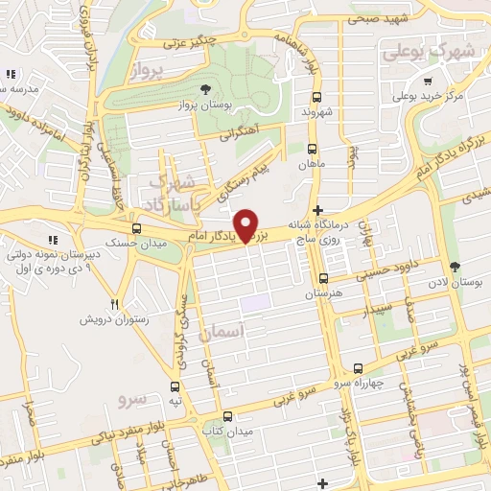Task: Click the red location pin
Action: click(246, 224)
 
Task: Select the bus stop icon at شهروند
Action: click(316, 96)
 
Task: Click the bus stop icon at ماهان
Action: click(311, 149)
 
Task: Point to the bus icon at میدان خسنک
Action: click(137, 228)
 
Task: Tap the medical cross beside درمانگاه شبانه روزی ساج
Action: click(318, 210)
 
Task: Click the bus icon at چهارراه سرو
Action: click(359, 368)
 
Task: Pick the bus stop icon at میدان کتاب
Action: click(227, 417)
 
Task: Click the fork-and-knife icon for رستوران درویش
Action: click(114, 304)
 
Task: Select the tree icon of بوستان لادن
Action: click(454, 268)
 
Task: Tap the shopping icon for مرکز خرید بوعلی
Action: click(395, 96)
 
